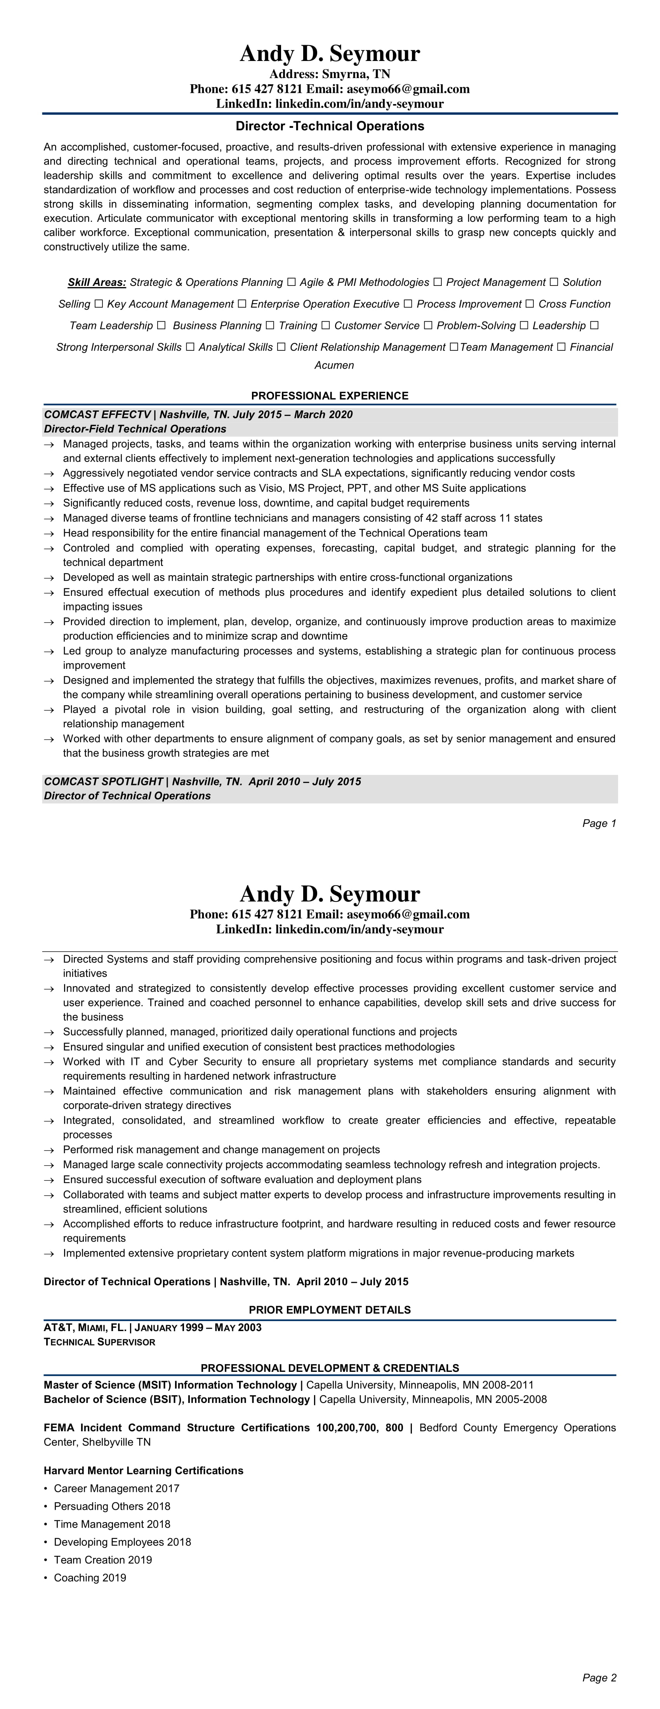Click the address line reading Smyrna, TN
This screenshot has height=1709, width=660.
[x=330, y=74]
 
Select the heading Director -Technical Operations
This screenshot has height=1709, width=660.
[x=330, y=126]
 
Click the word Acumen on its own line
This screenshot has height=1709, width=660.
[x=333, y=365]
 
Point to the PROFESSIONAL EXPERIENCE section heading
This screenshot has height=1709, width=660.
[x=330, y=396]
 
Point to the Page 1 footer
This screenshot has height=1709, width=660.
[x=599, y=823]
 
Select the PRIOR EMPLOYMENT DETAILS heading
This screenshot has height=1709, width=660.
[x=330, y=1310]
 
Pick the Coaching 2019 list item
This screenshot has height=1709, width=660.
[x=90, y=1578]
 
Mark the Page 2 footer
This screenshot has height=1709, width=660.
[x=599, y=1678]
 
